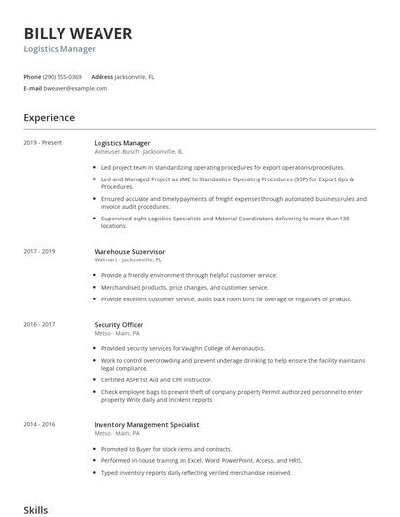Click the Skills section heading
click(35, 509)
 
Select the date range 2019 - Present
click(43, 143)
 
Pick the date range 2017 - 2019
click(39, 252)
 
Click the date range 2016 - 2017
click(39, 324)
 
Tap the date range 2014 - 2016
click(39, 425)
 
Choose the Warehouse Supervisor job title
click(130, 252)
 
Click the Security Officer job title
click(119, 324)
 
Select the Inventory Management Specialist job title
click(146, 425)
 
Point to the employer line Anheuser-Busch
click(118, 152)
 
